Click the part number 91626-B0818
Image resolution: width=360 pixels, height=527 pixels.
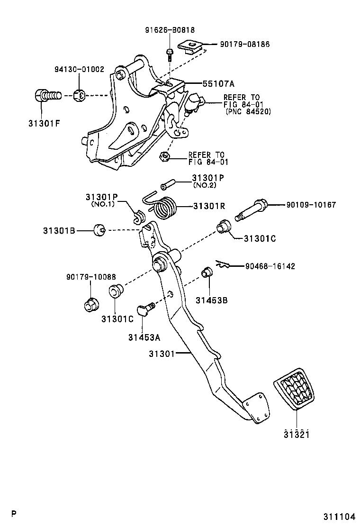point(170,29)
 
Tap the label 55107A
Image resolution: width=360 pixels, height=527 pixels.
point(218,83)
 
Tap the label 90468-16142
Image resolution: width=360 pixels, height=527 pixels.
point(270,266)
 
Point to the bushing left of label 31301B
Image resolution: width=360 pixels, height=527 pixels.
point(99,231)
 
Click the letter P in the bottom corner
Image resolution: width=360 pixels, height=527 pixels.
point(14,514)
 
